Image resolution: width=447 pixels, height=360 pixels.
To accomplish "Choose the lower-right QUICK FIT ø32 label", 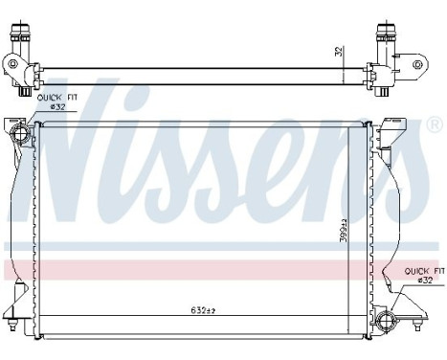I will [422, 277].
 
